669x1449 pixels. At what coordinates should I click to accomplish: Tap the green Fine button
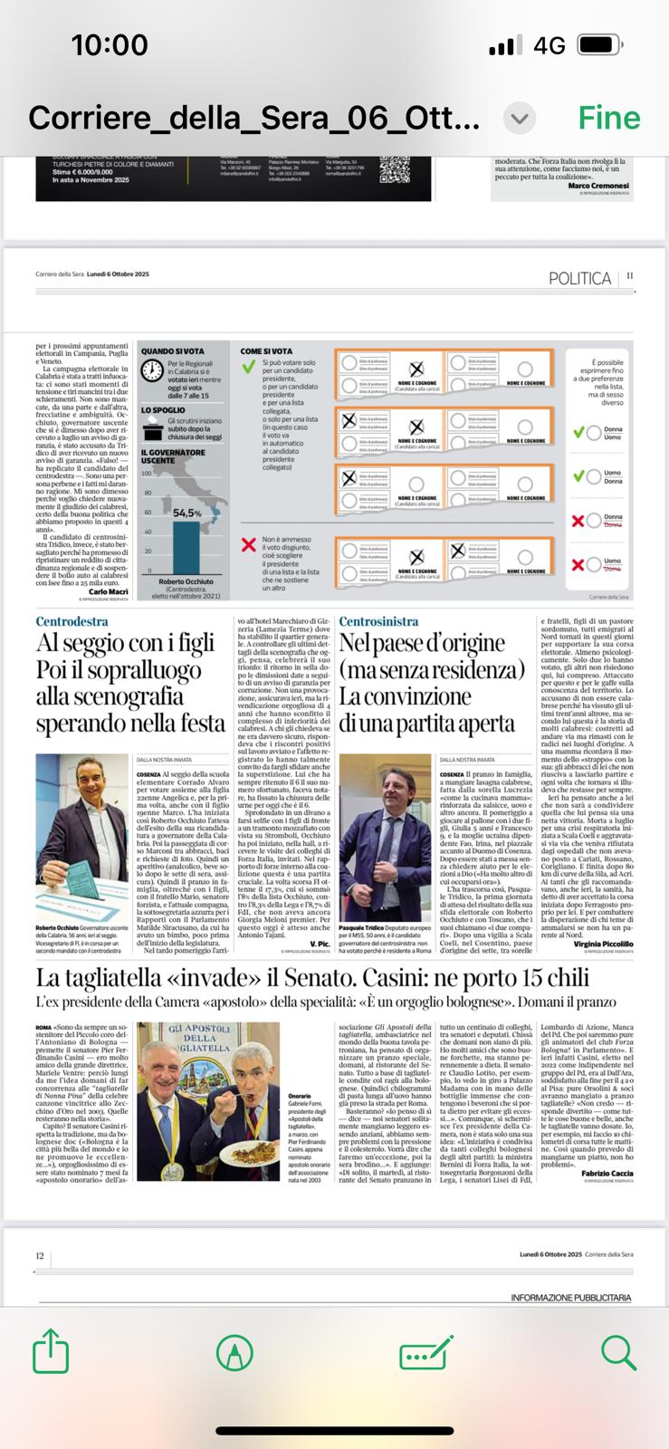[608, 118]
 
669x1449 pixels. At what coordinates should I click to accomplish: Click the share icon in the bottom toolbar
[51, 1354]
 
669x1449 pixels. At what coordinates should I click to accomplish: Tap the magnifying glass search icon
[619, 1353]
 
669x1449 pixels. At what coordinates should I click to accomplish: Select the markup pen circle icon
[234, 1354]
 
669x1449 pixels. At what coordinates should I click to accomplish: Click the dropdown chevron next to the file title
[519, 118]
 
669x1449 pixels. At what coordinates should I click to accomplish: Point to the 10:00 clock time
[109, 45]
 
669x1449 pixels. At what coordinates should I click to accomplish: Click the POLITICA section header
[579, 278]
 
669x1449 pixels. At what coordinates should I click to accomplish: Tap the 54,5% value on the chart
[186, 513]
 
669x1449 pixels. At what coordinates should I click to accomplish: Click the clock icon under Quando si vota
[153, 371]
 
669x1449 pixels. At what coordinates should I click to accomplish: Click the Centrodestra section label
[72, 621]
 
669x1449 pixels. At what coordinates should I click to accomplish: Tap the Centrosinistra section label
[378, 621]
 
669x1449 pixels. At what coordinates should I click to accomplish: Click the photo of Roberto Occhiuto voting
[82, 826]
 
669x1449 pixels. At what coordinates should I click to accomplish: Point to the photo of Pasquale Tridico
[385, 826]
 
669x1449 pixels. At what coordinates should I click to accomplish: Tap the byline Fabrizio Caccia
[607, 1173]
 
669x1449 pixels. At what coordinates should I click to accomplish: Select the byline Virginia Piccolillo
[603, 944]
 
